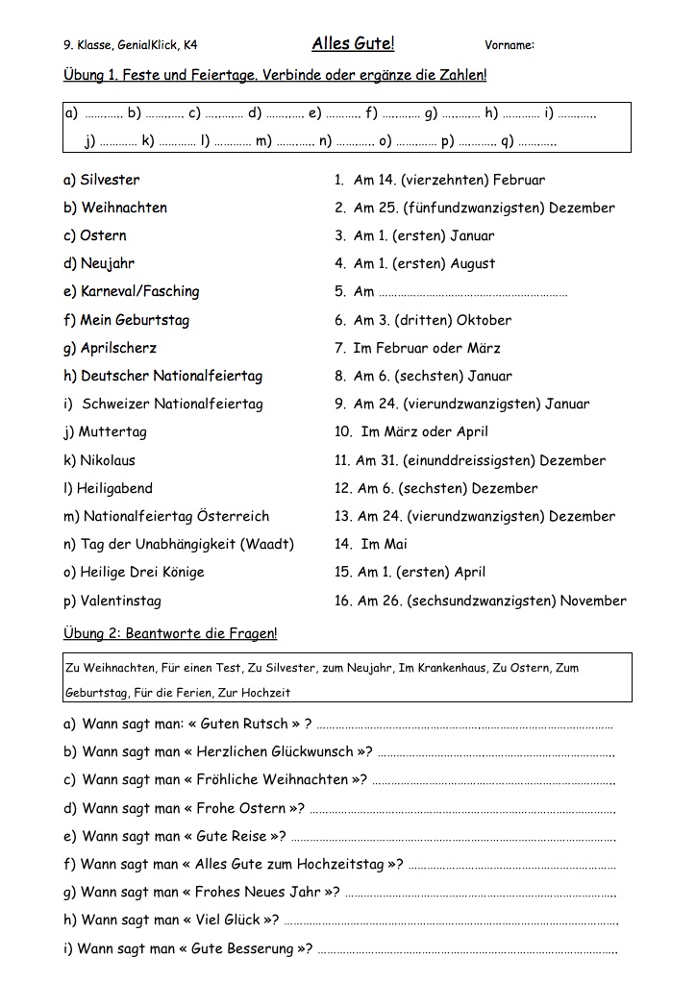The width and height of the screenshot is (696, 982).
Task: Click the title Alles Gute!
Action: click(x=353, y=43)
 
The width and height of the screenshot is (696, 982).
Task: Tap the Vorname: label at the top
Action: click(x=510, y=44)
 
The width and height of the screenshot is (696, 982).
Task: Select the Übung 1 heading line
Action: click(x=275, y=75)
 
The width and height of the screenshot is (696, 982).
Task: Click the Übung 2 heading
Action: click(x=170, y=633)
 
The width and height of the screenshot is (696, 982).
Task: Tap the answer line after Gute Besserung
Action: click(x=466, y=950)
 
